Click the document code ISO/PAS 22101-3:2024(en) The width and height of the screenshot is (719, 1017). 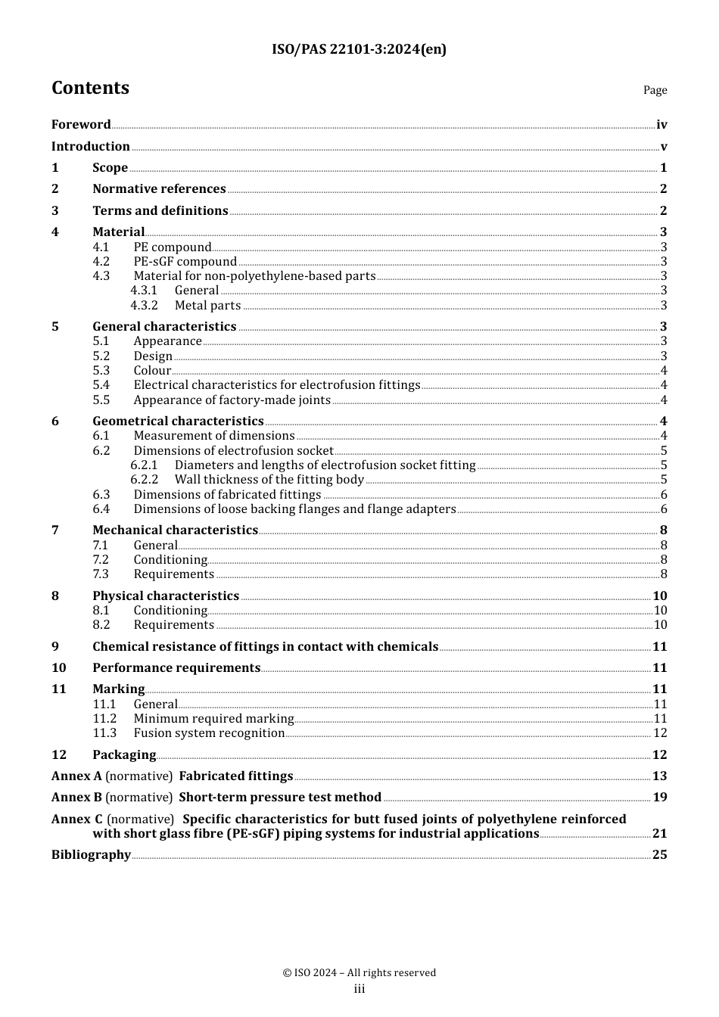359,49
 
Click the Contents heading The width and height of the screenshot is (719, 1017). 90,88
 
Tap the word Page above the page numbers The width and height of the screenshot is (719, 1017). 655,90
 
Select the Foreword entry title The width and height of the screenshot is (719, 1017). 81,125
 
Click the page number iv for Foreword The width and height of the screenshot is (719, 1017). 661,125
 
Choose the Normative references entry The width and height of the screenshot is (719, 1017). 159,189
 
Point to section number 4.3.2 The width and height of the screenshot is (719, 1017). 144,306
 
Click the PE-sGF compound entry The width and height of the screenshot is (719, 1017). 185,262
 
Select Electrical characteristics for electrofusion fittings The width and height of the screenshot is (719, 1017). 276,385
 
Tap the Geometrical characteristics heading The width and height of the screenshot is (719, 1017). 178,421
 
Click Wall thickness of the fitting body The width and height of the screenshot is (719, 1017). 269,480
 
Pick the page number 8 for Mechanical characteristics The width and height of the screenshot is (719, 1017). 663,530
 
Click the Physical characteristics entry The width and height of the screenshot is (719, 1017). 166,596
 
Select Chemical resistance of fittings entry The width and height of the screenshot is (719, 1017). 265,647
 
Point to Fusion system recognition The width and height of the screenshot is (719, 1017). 209,733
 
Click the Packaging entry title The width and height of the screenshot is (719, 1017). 124,755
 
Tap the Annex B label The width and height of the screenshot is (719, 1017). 76,798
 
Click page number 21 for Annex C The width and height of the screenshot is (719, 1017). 659,834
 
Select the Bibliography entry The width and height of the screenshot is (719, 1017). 91,855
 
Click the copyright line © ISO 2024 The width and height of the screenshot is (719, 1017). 359,973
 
